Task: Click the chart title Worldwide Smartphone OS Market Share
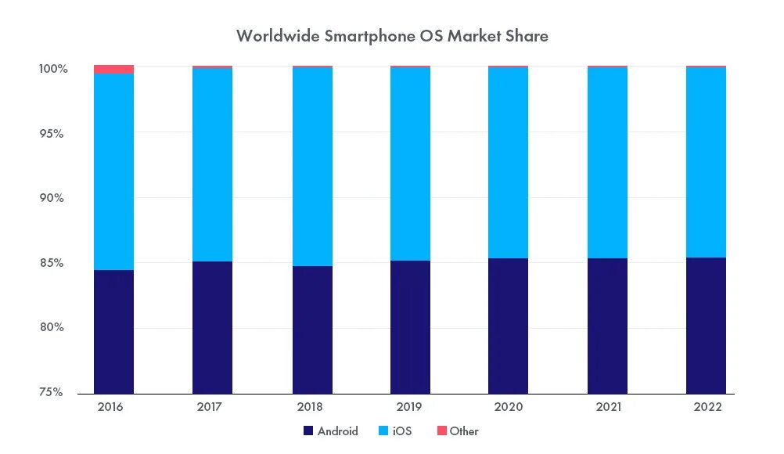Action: click(x=392, y=36)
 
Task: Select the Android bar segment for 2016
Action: click(x=113, y=331)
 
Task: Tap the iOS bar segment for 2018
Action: click(x=312, y=167)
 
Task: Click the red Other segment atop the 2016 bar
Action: click(x=113, y=69)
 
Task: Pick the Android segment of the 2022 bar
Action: click(x=706, y=325)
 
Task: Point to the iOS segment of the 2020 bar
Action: click(x=508, y=163)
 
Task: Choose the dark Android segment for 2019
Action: click(x=410, y=326)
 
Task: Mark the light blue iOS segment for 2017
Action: click(x=212, y=164)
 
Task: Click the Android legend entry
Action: click(x=330, y=431)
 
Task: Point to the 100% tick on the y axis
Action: click(x=54, y=69)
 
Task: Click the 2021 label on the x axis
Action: click(x=607, y=408)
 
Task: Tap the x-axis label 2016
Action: click(x=110, y=408)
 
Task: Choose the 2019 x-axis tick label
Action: click(x=409, y=408)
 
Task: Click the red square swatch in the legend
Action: click(x=441, y=431)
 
